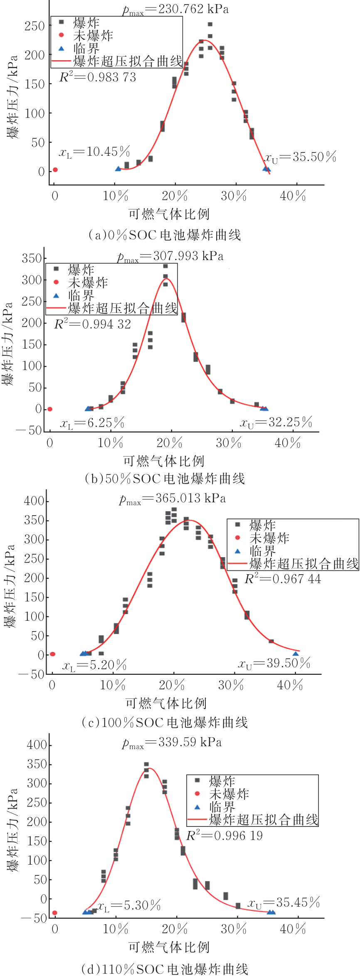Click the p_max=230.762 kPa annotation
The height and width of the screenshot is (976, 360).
click(175, 10)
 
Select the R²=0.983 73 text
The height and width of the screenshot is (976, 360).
click(98, 77)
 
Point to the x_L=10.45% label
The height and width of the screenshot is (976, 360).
click(94, 152)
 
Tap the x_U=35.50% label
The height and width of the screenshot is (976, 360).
click(300, 157)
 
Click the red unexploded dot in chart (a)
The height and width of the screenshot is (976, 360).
click(55, 170)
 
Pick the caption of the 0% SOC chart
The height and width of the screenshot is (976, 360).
click(164, 235)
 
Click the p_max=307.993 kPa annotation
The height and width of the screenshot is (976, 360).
click(170, 256)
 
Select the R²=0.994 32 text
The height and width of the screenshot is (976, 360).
click(92, 324)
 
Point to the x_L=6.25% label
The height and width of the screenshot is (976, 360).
click(92, 423)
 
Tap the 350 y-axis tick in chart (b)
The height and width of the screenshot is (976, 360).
click(32, 258)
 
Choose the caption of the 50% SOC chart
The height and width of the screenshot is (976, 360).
click(164, 479)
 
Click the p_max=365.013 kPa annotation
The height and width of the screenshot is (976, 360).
click(173, 499)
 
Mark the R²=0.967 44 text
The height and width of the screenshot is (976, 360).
click(283, 579)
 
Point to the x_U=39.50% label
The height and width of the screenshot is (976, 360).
click(274, 664)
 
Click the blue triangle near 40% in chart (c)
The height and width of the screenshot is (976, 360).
click(296, 654)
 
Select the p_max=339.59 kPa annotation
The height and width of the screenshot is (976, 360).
click(172, 742)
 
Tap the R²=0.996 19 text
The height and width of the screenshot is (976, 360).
click(224, 836)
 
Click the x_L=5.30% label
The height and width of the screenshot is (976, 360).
click(129, 905)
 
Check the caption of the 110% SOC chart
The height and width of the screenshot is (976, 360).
click(165, 969)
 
